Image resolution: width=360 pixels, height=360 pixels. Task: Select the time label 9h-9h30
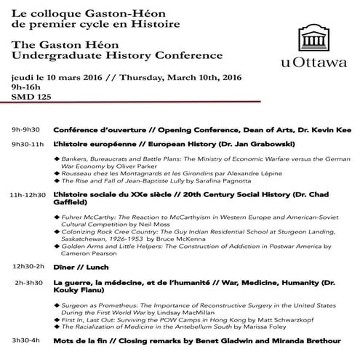26,129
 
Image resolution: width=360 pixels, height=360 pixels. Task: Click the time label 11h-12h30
28,195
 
